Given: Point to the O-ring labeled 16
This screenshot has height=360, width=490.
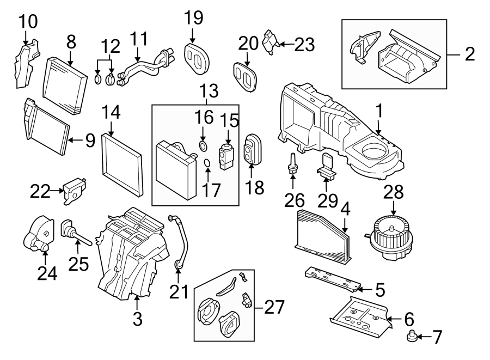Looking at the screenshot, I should click(203, 146).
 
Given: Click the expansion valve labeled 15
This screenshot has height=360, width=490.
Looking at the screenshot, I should click(225, 154).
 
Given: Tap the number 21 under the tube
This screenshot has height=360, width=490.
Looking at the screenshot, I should click(179, 292).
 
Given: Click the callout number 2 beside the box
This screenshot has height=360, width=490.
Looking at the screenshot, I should click(469, 53).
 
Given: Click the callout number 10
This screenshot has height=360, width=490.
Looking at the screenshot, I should click(28, 22).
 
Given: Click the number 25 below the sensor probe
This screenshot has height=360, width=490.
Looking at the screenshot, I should click(78, 264).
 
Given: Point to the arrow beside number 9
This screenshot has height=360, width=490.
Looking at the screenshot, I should click(75, 140).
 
